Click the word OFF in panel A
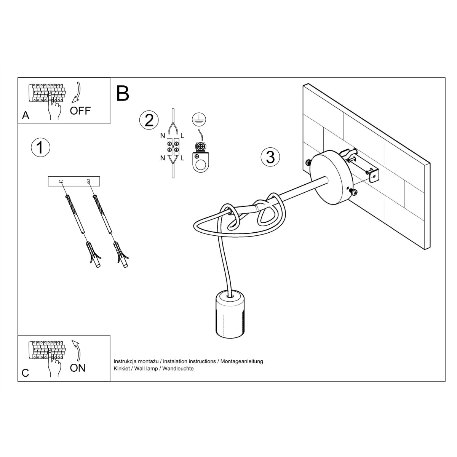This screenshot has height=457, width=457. [80, 111]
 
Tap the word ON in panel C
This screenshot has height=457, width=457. [78, 368]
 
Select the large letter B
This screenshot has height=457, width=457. [123, 93]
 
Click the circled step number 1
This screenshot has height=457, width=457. [40, 147]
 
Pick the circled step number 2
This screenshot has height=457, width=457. [149, 120]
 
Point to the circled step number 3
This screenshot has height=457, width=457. [270, 157]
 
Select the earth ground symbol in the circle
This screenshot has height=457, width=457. [199, 120]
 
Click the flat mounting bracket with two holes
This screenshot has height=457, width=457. [74, 181]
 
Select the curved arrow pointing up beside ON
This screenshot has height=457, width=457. [78, 350]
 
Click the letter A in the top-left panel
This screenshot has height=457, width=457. [26, 115]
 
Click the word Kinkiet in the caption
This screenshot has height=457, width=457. [122, 369]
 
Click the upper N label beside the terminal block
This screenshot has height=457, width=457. [162, 136]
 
